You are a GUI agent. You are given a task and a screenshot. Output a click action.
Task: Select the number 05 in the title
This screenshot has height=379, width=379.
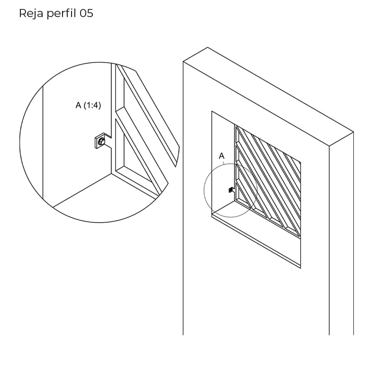[x=87, y=13]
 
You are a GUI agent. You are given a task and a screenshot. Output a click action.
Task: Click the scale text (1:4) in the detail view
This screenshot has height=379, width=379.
[x=92, y=105]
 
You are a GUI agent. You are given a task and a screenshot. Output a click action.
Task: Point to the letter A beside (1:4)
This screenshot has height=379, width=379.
[x=78, y=105]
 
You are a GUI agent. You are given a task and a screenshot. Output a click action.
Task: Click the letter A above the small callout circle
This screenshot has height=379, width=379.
[x=222, y=156]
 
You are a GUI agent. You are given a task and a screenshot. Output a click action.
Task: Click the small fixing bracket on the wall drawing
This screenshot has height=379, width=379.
[x=231, y=190]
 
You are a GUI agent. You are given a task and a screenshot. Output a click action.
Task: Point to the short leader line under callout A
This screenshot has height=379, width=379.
[x=224, y=162]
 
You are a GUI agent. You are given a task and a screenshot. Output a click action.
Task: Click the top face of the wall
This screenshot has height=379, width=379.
[x=268, y=97]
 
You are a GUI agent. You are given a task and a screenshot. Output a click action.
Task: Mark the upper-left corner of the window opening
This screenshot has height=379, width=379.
[x=212, y=111]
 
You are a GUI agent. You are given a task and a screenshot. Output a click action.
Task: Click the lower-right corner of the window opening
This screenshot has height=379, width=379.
[x=301, y=268]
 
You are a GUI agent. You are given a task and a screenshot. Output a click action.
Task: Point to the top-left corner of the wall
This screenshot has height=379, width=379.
[x=183, y=62]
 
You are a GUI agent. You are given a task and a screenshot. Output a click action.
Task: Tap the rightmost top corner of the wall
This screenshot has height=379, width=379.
[x=353, y=132]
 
